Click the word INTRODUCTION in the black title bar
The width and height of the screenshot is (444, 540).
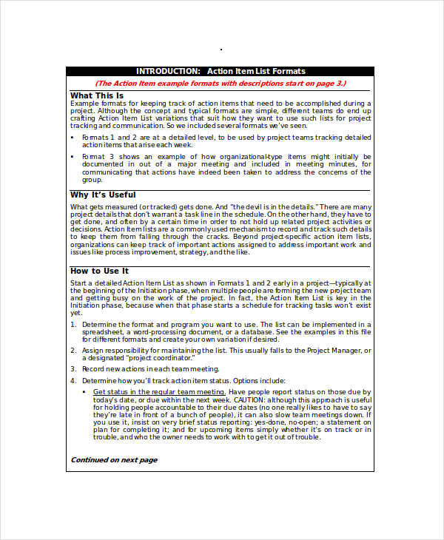(x=167, y=72)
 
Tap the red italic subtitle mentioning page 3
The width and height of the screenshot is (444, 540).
(x=221, y=84)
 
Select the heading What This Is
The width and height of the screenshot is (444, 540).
(x=97, y=95)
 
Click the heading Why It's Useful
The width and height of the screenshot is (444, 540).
(x=103, y=195)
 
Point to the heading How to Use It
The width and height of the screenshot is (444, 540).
(x=99, y=271)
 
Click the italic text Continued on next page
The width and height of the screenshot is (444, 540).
(x=114, y=459)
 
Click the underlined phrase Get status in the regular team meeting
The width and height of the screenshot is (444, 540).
(x=159, y=392)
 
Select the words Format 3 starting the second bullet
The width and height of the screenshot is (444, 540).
(x=96, y=157)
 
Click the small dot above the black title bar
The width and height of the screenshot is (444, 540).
(x=221, y=50)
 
